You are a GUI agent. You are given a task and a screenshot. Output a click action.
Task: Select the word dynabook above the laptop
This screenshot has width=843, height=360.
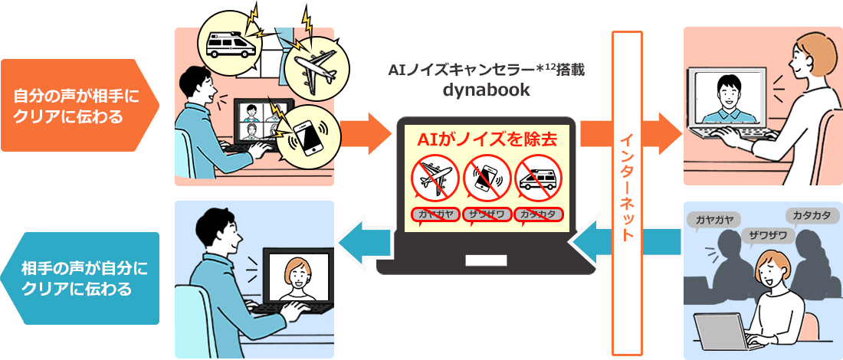point(487,90)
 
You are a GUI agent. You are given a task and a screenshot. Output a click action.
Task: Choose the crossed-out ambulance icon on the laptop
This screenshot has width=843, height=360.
point(539,178)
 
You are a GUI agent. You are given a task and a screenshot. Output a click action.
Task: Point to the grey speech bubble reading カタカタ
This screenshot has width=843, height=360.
point(812,216)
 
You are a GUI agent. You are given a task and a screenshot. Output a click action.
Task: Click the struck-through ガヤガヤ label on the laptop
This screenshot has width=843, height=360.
point(435,214)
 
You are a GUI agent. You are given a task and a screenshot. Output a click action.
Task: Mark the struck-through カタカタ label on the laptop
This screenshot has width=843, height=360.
point(539,214)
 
